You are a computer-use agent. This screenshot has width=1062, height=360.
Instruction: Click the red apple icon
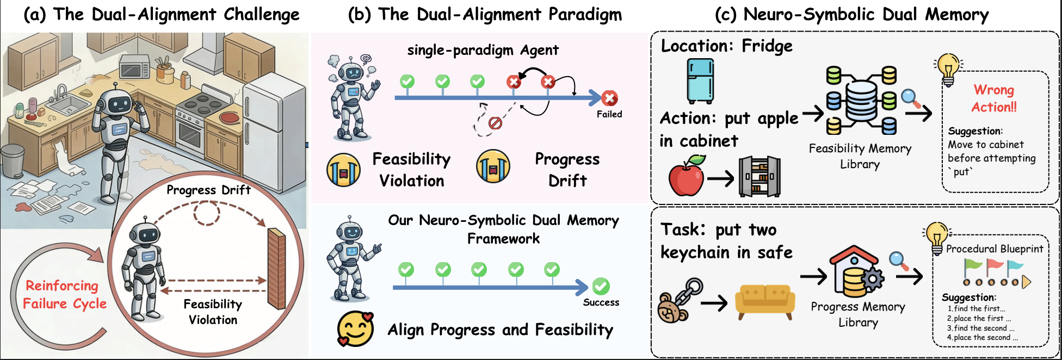pos(687,176)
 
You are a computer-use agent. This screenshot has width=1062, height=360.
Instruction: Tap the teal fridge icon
pos(700,81)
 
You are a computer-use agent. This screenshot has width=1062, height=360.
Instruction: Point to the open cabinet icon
pos(760,176)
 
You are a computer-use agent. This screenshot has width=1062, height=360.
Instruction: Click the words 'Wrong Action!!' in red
pos(994,98)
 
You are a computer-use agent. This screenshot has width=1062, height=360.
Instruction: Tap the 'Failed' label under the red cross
pos(609,114)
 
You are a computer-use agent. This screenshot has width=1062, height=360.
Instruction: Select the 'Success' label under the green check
pos(601,302)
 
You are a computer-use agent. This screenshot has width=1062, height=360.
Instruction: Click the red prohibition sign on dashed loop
pos(495,123)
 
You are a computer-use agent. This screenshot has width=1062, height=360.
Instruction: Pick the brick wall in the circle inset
pos(276,268)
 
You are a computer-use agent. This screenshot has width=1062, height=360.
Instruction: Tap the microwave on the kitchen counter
pos(134,68)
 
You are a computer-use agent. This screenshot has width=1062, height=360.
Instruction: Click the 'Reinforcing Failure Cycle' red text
pos(64,294)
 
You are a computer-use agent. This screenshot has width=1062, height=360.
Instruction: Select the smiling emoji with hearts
pos(355,328)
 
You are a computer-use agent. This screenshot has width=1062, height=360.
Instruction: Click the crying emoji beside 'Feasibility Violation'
pos(343,170)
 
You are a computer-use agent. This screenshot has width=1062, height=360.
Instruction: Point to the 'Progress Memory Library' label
pos(858,314)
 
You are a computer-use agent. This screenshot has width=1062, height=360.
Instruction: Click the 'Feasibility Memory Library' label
pos(860,156)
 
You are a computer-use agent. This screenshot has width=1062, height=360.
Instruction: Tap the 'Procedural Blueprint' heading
pos(995,249)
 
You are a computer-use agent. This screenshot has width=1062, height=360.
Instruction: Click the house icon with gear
pos(856,270)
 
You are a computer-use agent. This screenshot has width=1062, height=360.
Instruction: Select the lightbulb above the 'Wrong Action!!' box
pos(948,70)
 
